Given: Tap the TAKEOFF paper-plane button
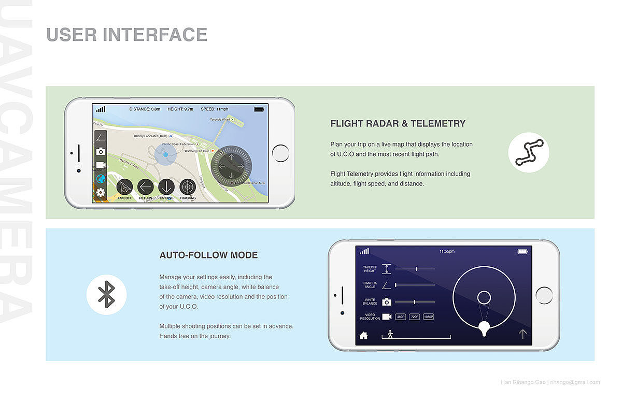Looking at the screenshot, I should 124,187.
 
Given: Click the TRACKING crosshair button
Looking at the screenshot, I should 188,187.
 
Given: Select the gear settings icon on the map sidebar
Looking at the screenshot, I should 101,193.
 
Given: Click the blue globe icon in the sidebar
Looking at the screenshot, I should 101,179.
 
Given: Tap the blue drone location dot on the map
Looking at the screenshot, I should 165,154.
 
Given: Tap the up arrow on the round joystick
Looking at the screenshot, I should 231,154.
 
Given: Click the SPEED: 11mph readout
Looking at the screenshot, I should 214,109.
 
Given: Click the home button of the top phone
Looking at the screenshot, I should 280,153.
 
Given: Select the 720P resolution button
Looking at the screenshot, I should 414,317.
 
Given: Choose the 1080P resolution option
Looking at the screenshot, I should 428,317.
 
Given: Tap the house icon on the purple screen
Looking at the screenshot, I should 363,335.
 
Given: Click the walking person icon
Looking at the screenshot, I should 390,334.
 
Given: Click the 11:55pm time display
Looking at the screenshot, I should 446,251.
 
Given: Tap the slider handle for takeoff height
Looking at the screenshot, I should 417,269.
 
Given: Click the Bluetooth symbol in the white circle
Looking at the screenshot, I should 107,294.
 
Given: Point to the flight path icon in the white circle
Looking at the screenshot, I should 528,152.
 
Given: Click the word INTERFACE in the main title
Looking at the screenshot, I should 155,35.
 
